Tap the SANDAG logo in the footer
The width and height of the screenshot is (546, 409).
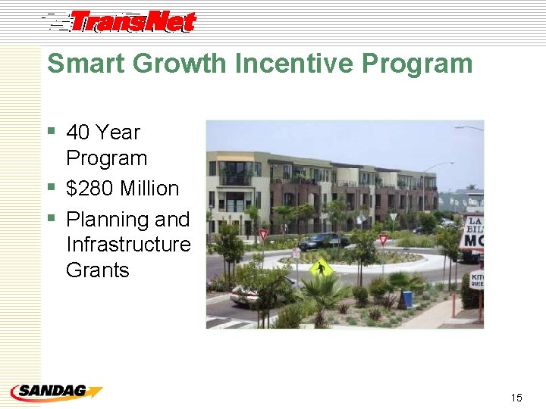click(55, 392)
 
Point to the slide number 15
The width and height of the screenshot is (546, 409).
click(516, 397)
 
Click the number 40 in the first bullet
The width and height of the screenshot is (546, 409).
click(79, 133)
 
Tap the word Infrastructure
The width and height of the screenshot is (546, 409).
click(128, 245)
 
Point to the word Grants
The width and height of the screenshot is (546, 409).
click(98, 270)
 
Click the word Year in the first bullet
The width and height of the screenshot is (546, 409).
click(119, 133)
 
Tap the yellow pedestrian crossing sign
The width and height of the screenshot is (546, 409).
click(321, 267)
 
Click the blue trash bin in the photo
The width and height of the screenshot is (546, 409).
click(407, 298)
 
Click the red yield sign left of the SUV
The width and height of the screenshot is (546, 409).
click(264, 234)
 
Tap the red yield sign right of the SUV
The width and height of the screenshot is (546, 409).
click(383, 239)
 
